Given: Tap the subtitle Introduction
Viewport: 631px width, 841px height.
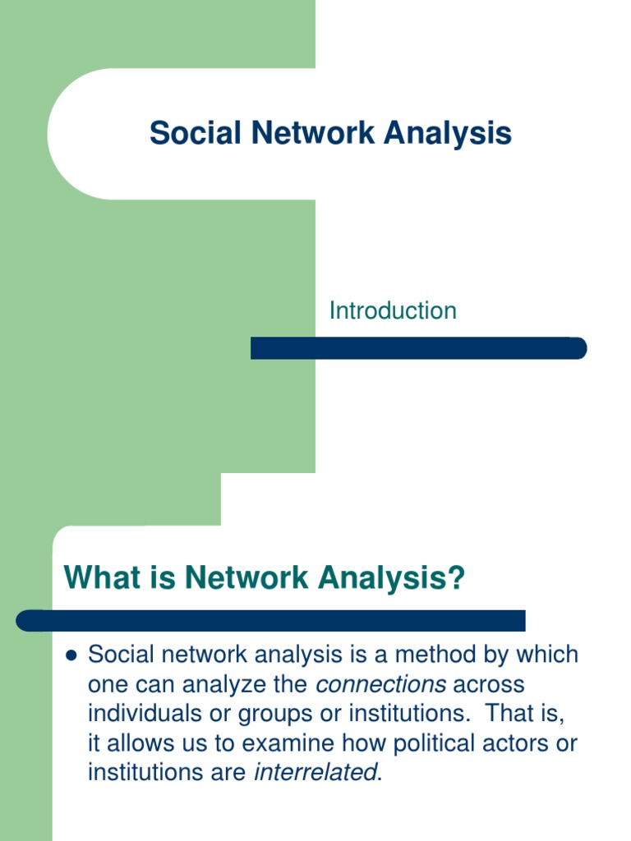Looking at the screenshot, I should (x=393, y=310).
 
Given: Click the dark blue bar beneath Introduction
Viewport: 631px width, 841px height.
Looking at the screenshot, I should (x=418, y=348).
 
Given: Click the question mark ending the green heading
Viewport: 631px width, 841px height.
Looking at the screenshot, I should (x=456, y=578).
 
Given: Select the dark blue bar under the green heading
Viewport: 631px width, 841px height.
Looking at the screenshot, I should (x=271, y=621).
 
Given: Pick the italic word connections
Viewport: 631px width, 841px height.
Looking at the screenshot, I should (x=381, y=684).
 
